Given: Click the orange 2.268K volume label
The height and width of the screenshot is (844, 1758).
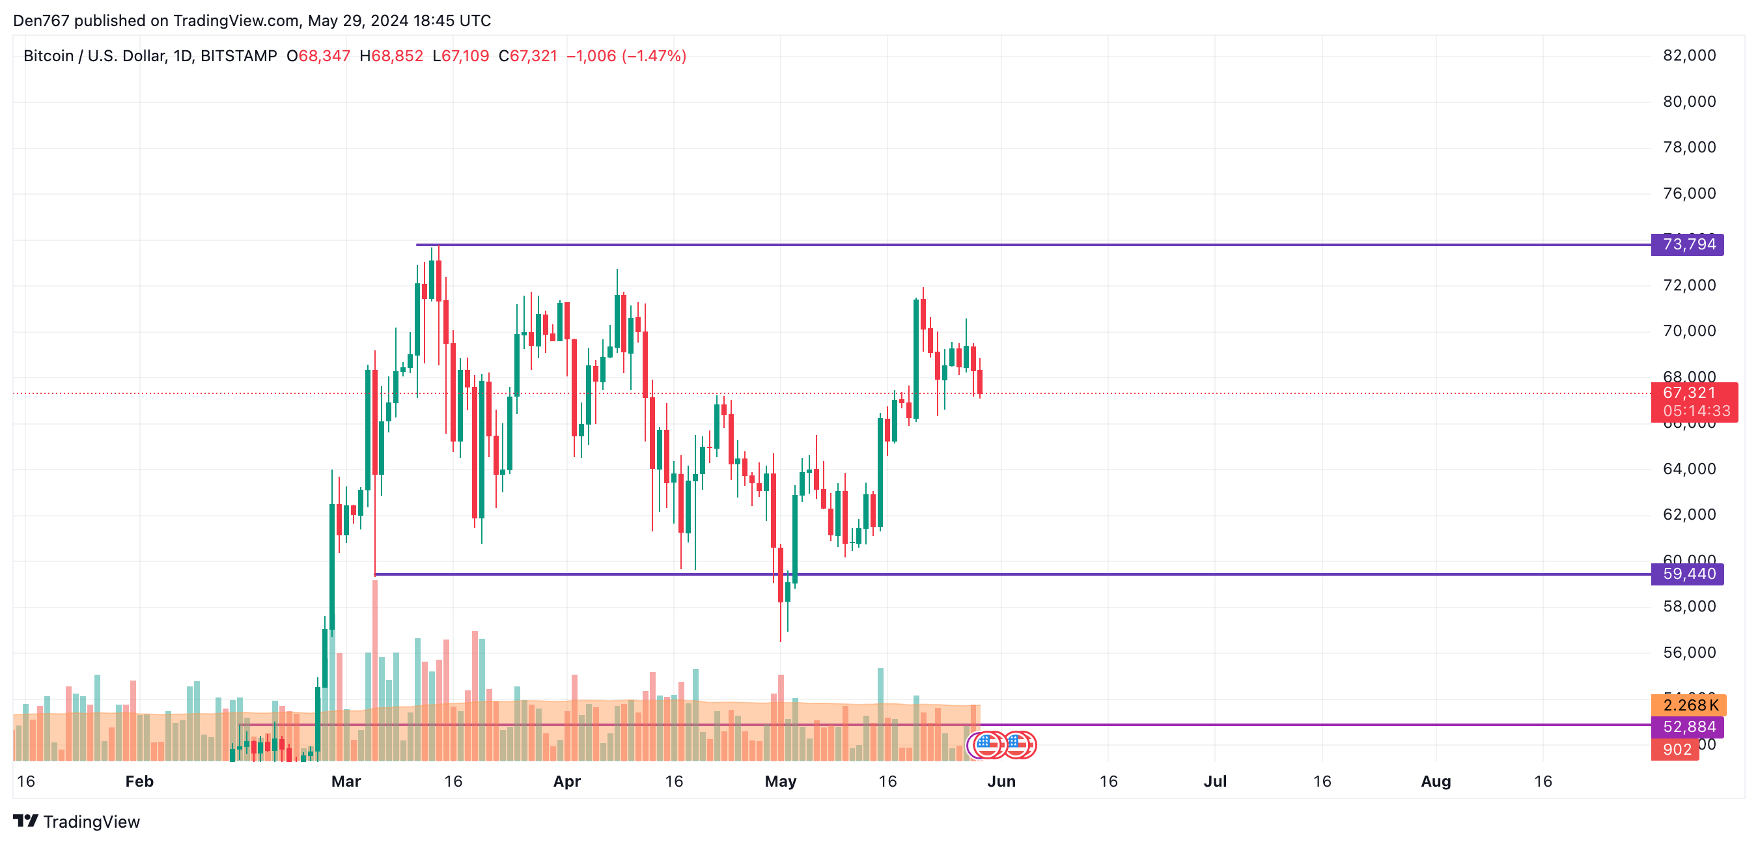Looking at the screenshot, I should click(x=1688, y=705).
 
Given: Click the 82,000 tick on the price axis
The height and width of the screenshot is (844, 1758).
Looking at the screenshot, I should click(x=1689, y=55).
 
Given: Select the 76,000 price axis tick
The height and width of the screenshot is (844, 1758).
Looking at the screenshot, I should click(x=1689, y=193).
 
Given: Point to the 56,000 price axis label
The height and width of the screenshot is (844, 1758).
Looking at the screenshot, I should click(x=1689, y=652).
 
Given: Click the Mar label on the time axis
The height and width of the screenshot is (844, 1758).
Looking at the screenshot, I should click(x=346, y=781).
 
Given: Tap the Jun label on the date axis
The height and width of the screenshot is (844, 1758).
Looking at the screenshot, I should click(x=1001, y=781).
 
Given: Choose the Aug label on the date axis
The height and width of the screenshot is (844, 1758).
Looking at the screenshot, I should click(x=1436, y=781).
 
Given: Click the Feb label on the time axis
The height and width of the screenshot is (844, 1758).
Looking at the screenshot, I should click(x=139, y=781).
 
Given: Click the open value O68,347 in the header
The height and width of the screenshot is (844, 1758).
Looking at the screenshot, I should click(x=318, y=56).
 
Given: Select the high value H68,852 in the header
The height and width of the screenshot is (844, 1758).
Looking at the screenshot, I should click(x=391, y=56).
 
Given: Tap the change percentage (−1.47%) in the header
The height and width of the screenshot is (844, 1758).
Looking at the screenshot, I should click(x=653, y=56).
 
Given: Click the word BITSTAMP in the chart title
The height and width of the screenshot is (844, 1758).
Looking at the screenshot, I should click(x=239, y=56).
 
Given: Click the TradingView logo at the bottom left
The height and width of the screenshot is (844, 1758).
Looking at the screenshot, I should click(x=76, y=821).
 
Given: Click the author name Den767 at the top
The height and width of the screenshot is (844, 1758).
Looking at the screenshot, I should click(x=41, y=20).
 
